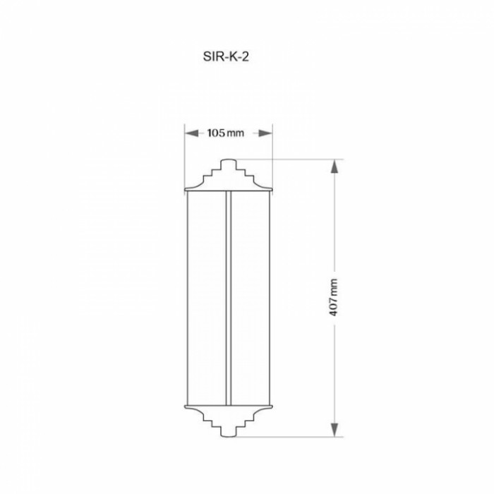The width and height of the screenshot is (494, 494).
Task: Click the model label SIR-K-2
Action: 226,56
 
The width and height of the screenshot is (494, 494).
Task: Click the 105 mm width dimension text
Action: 226,133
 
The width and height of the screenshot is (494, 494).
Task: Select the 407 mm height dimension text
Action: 333,297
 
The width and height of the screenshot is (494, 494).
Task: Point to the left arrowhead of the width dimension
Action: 191,133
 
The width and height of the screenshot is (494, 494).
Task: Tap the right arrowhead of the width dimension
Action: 265,133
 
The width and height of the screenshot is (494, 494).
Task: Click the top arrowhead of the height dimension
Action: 335,166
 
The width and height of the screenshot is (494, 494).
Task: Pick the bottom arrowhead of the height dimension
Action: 335,430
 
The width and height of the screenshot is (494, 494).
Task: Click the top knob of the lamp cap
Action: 229,164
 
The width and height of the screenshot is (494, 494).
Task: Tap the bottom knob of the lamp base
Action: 229,432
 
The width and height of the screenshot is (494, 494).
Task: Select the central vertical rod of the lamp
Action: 229,298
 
